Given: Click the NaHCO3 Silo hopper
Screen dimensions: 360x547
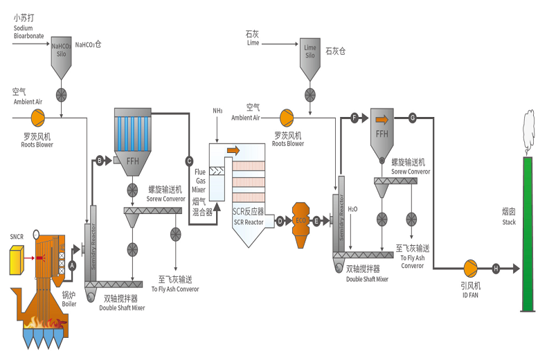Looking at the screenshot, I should [62, 55].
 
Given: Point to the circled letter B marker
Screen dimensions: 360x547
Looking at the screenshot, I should [99, 161].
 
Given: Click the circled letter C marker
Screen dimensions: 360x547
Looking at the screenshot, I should [189, 161].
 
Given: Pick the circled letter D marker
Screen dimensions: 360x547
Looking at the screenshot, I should [280, 222].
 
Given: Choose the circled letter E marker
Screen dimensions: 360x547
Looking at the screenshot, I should [316, 222].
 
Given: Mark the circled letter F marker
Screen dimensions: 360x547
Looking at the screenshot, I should [355, 118].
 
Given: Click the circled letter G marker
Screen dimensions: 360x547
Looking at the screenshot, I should [412, 118].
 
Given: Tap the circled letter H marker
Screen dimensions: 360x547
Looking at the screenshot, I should [495, 268].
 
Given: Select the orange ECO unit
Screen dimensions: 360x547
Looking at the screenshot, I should [299, 220].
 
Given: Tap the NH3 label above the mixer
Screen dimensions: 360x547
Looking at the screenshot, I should [217, 111].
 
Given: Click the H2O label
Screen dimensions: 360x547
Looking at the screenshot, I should [352, 208].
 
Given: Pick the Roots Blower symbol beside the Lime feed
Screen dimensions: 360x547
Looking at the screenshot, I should [285, 117].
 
